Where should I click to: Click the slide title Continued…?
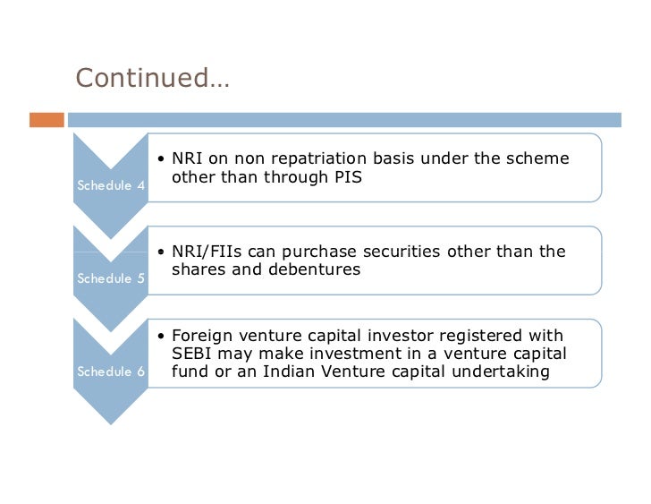tap(152, 79)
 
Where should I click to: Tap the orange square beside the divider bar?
tap(47, 118)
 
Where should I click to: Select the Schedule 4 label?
tap(112, 186)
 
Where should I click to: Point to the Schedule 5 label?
tap(112, 278)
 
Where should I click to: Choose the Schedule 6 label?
tap(112, 371)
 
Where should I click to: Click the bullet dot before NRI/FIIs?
tap(161, 252)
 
